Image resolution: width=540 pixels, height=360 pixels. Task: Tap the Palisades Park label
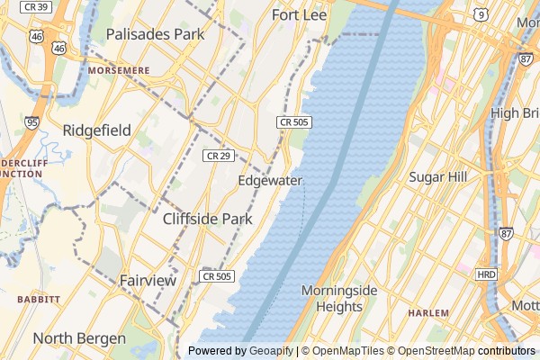tap(155, 34)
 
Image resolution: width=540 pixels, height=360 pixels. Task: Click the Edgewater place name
tap(270, 180)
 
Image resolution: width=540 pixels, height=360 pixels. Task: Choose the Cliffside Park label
tap(208, 219)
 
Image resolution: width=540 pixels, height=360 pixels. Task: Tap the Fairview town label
tap(148, 281)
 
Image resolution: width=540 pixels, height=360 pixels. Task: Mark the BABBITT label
tap(38, 299)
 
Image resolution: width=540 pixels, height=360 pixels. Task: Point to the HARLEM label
tap(427, 313)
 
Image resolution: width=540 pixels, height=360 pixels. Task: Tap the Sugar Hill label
tap(437, 177)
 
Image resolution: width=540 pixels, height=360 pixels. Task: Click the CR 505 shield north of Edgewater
tap(294, 121)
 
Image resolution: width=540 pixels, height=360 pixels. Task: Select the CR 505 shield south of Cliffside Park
tap(217, 276)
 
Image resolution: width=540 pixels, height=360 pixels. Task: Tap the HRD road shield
tap(486, 274)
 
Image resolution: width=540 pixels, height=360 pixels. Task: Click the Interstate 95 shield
tap(33, 122)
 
